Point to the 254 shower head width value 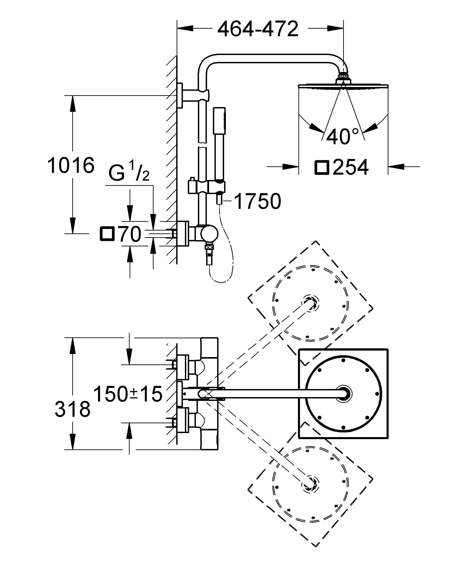pyautogui.click(x=350, y=167)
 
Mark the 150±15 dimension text pyautogui.click(x=128, y=394)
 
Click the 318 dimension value pyautogui.click(x=72, y=409)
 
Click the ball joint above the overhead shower pyautogui.click(x=343, y=77)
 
